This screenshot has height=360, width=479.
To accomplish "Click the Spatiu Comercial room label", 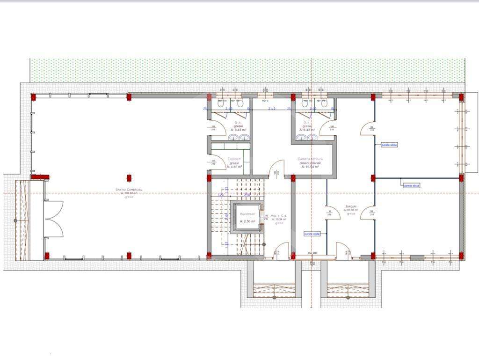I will pyautogui.click(x=129, y=190).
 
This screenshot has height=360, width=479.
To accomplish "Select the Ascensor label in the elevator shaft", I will pyautogui.click(x=247, y=213).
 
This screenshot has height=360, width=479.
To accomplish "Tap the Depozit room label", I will pyautogui.click(x=235, y=159).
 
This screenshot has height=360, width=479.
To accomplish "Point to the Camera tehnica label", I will pyautogui.click(x=310, y=159).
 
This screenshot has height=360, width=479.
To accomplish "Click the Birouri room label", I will pyautogui.click(x=351, y=206).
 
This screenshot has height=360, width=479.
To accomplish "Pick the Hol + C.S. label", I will pyautogui.click(x=279, y=216).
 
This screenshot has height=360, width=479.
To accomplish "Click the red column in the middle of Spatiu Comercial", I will pyautogui.click(x=129, y=178).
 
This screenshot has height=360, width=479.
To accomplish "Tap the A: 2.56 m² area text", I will pyautogui.click(x=247, y=221).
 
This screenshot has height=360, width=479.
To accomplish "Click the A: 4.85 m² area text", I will pyautogui.click(x=234, y=167).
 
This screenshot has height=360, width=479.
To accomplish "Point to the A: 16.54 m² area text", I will pyautogui.click(x=310, y=167).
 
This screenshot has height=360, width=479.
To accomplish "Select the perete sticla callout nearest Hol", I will pyautogui.click(x=312, y=234).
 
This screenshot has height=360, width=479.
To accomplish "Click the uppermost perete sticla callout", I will pyautogui.click(x=389, y=145).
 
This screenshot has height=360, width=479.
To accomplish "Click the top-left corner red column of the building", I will pyautogui.click(x=33, y=97).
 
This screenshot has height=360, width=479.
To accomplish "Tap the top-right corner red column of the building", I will pyautogui.click(x=461, y=97).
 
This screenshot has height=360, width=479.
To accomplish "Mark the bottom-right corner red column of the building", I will pyautogui.click(x=461, y=256).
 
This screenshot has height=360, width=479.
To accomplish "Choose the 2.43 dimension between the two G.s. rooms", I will pyautogui.click(x=272, y=109).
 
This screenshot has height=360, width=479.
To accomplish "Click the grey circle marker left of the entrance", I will pyautogui.click(x=15, y=220).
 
